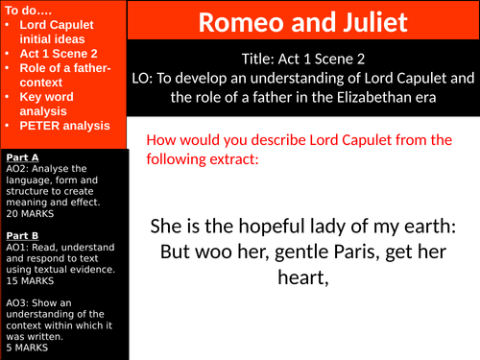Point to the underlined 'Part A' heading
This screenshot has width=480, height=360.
pyautogui.click(x=22, y=156)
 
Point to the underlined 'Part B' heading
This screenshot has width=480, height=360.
pyautogui.click(x=22, y=233)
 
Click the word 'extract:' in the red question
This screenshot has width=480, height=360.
pyautogui.click(x=228, y=159)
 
